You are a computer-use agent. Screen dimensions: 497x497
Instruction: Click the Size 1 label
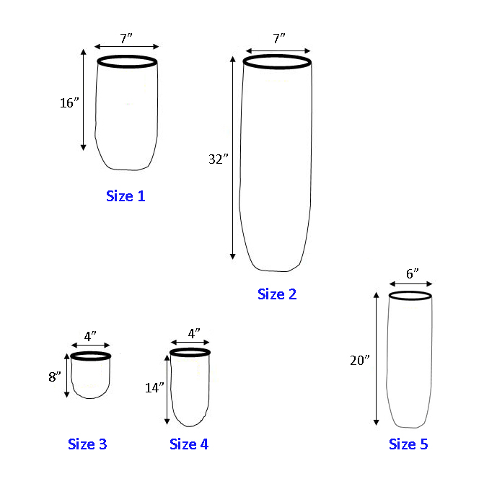point(126,196)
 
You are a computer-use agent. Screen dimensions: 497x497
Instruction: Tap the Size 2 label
point(277,294)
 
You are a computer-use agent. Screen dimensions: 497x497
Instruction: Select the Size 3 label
point(87,444)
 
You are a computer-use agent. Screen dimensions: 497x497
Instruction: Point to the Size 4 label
point(189,444)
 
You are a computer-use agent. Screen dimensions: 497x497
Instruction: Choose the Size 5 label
point(408,444)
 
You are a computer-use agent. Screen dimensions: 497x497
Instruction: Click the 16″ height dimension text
point(69,102)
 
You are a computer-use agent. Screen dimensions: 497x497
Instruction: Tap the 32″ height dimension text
point(219,159)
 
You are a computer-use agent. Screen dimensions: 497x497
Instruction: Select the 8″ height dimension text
point(55,377)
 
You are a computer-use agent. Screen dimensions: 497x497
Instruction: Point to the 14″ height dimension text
point(154,387)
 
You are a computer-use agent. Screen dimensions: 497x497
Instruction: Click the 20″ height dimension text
point(360,361)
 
